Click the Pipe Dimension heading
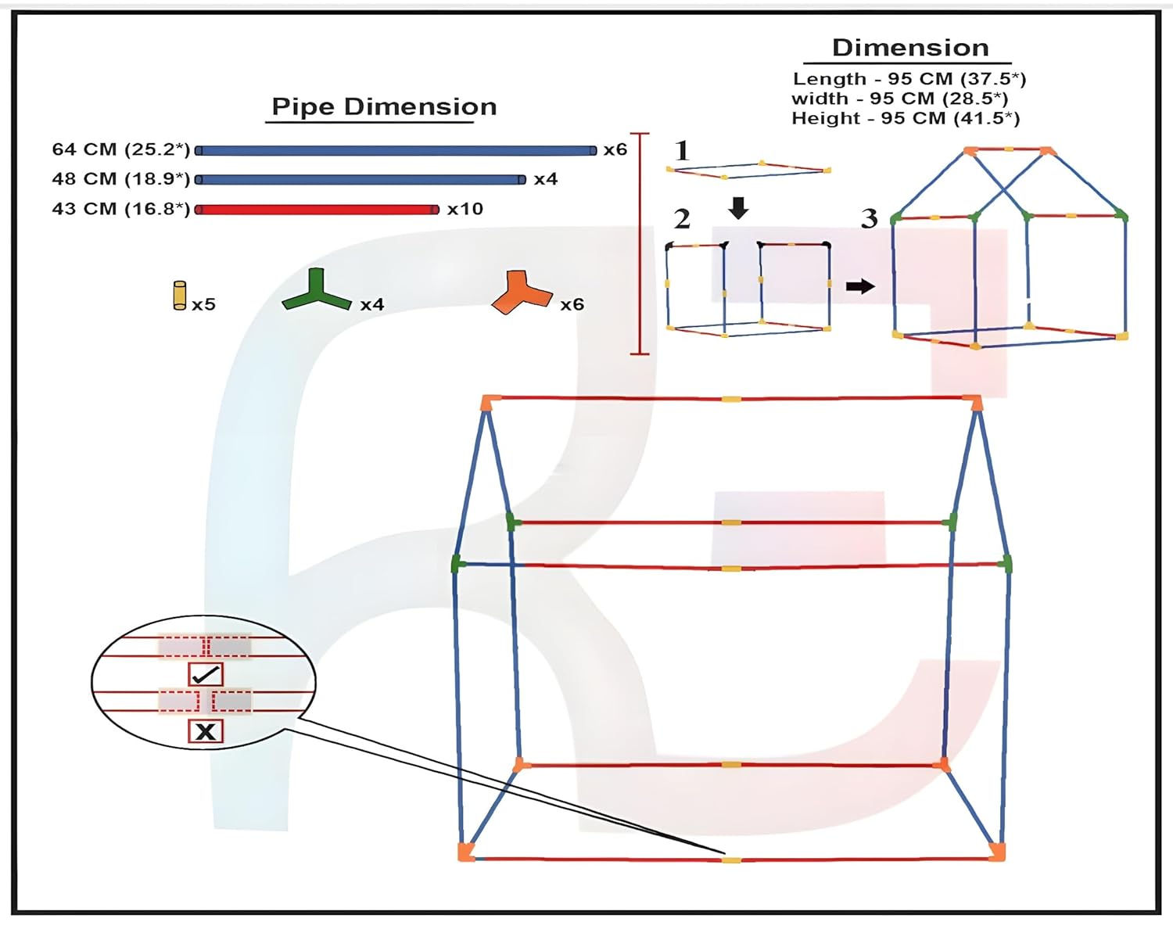tap(384, 107)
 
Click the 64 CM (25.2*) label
tap(121, 149)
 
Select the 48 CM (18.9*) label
tap(121, 179)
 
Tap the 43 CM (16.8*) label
tap(121, 209)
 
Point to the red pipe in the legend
tap(317, 210)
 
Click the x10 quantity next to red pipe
tap(465, 210)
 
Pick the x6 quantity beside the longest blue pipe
tap(615, 149)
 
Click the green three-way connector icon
tap(316, 291)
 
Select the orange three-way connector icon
tap(521, 293)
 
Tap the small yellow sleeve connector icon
tap(180, 296)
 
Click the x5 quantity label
tap(204, 304)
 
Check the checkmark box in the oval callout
tap(206, 674)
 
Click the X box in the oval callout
tap(206, 731)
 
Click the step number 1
tap(682, 150)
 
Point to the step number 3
tap(869, 219)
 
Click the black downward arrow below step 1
tap(738, 208)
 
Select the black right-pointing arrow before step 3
tap(860, 286)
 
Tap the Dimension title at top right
tap(910, 48)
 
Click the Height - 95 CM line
tap(906, 118)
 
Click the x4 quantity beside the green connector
tap(372, 305)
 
